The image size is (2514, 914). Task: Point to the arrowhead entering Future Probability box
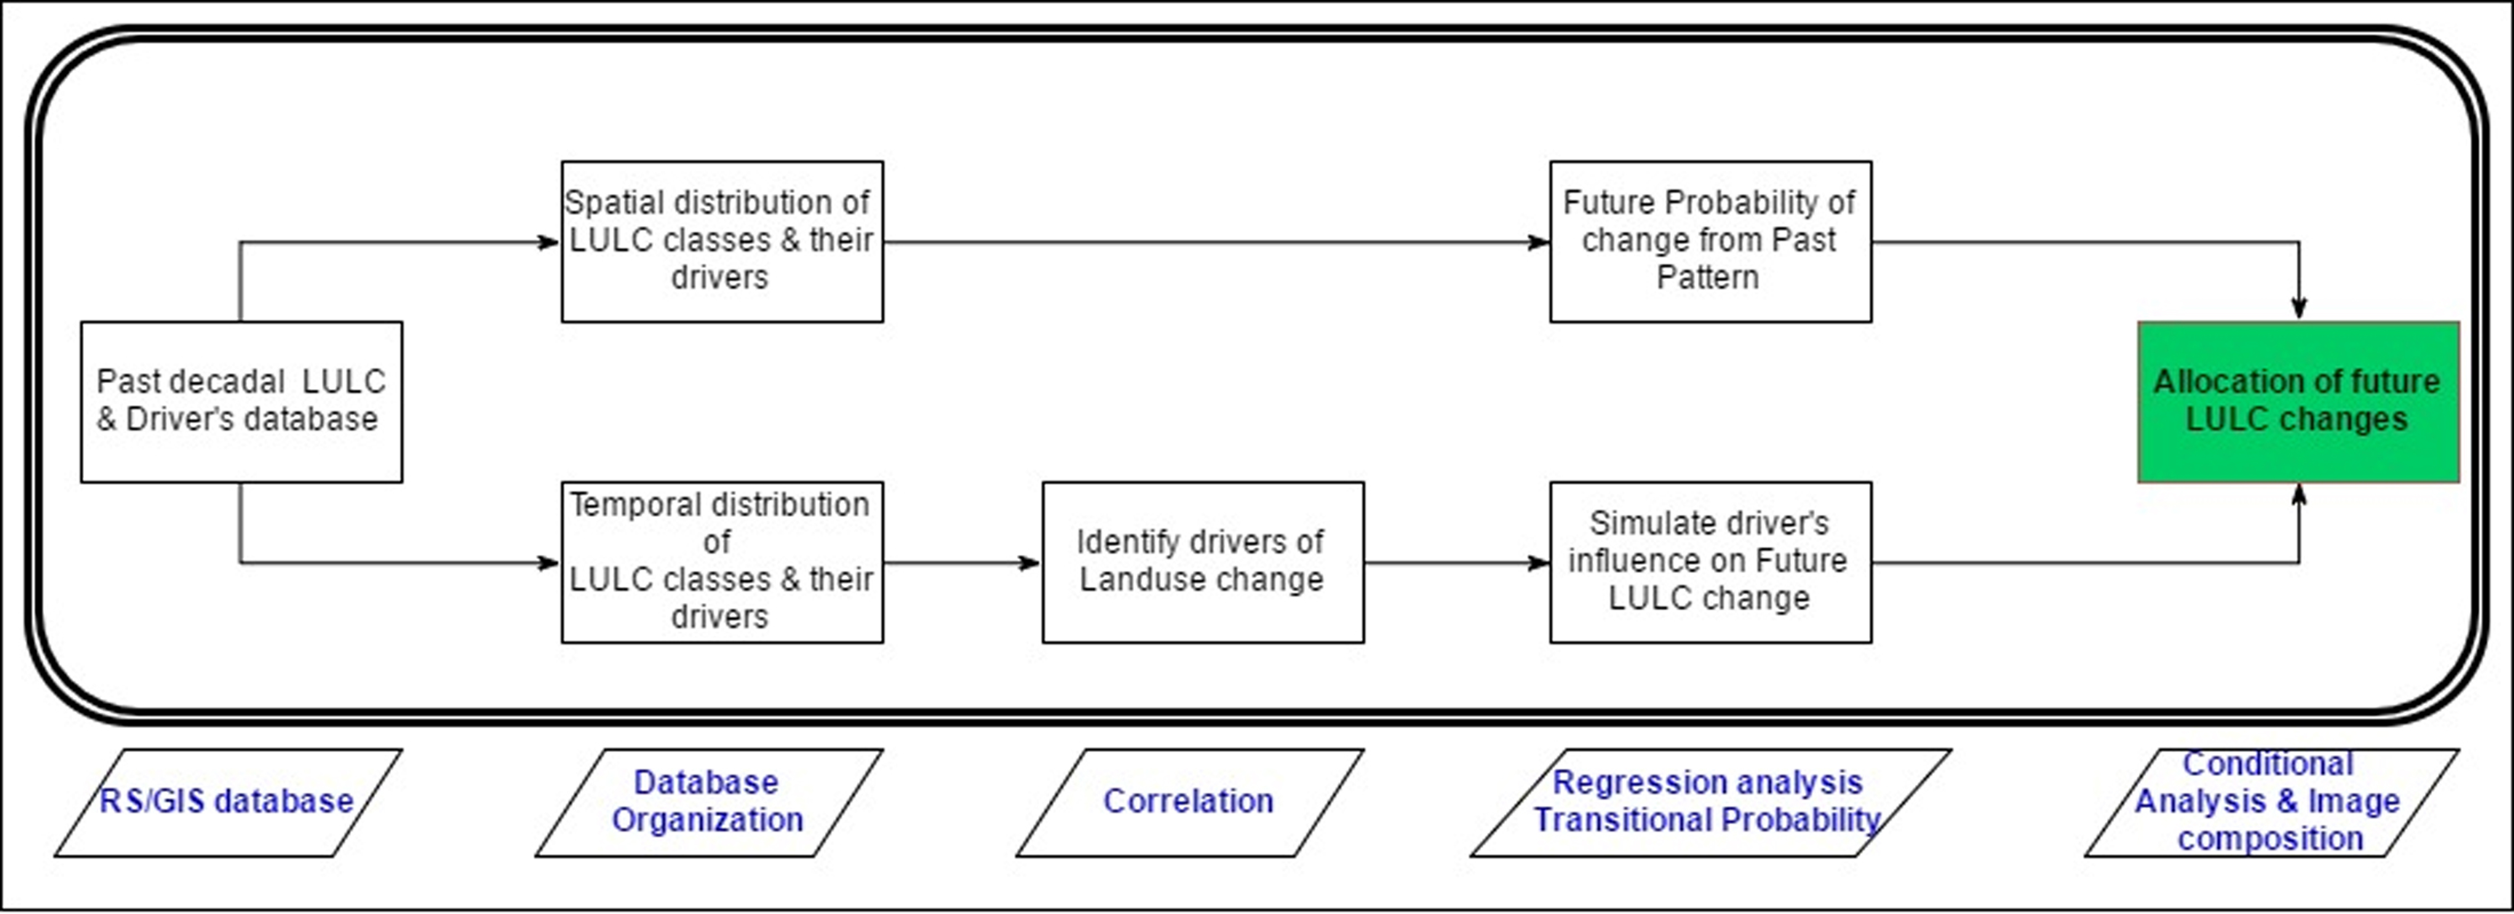click(x=1539, y=242)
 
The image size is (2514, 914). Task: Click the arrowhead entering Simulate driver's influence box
click(x=1539, y=563)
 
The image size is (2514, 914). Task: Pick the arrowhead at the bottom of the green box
click(x=2299, y=495)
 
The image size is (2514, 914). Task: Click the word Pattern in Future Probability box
click(x=1708, y=277)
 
